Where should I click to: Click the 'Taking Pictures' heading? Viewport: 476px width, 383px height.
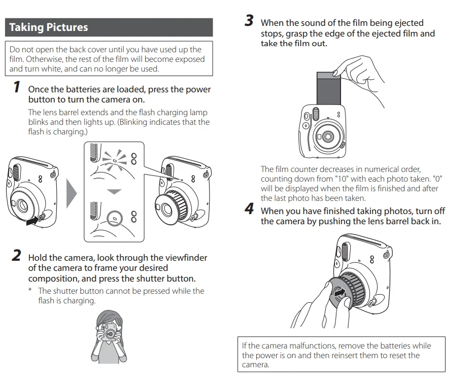[49, 27]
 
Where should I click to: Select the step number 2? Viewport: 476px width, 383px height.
[16, 255]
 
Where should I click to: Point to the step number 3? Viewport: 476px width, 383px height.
[249, 21]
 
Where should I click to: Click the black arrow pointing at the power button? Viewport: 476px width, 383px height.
[31, 221]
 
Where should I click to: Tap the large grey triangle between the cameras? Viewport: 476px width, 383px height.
[71, 193]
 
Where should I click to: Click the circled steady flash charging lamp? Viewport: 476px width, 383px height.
[115, 218]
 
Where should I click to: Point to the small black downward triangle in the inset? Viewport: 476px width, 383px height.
[115, 191]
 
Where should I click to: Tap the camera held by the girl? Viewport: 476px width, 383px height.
[110, 334]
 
